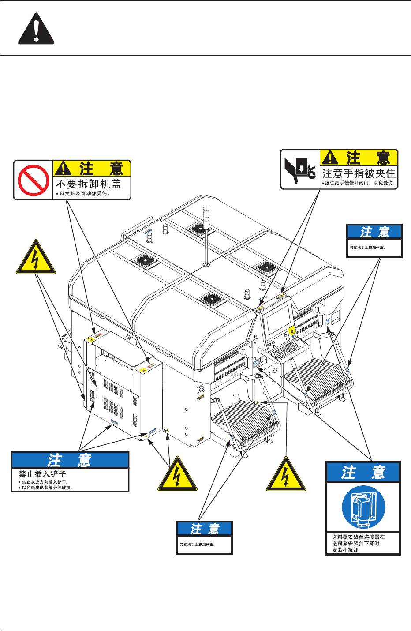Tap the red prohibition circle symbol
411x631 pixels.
click(x=34, y=180)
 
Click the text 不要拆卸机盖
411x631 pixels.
click(x=88, y=184)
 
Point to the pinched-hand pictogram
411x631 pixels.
click(x=300, y=169)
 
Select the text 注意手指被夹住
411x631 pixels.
click(x=359, y=173)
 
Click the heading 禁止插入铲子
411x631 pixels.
click(x=42, y=474)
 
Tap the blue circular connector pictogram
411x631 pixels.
click(x=363, y=507)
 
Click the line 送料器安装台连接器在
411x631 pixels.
click(x=358, y=537)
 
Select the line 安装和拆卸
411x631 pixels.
click(x=345, y=550)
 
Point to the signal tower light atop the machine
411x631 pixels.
click(x=206, y=216)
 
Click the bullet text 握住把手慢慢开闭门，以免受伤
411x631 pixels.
click(x=360, y=183)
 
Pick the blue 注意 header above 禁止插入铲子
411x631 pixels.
click(x=70, y=460)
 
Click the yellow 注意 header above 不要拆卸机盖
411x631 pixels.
click(x=92, y=168)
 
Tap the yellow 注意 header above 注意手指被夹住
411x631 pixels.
click(x=359, y=158)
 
